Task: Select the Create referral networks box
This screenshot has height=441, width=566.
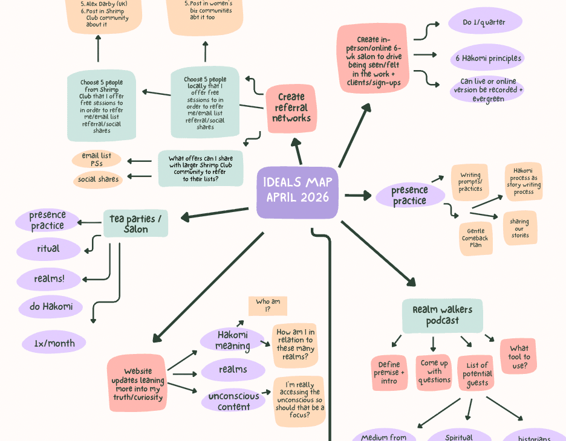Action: (291, 108)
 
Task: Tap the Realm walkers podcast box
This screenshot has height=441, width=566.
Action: (442, 315)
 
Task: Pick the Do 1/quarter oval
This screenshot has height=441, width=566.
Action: (484, 22)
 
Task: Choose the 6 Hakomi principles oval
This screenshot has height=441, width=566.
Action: (487, 59)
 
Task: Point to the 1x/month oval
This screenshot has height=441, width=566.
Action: (54, 343)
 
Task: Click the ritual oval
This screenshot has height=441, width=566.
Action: (48, 249)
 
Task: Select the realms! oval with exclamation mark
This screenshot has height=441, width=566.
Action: (49, 279)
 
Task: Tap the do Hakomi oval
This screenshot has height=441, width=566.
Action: (50, 307)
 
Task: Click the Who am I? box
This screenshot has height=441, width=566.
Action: (267, 306)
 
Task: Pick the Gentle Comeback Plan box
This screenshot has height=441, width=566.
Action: (475, 238)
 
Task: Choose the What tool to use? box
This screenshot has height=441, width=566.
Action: (518, 356)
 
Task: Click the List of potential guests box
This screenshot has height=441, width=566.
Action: (477, 373)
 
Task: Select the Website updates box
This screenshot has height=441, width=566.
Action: (137, 384)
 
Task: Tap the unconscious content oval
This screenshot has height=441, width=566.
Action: (233, 401)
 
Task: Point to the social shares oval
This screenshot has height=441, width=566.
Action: (99, 179)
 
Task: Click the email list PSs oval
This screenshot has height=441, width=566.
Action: (97, 159)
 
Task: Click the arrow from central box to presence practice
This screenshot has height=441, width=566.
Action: (358, 195)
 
